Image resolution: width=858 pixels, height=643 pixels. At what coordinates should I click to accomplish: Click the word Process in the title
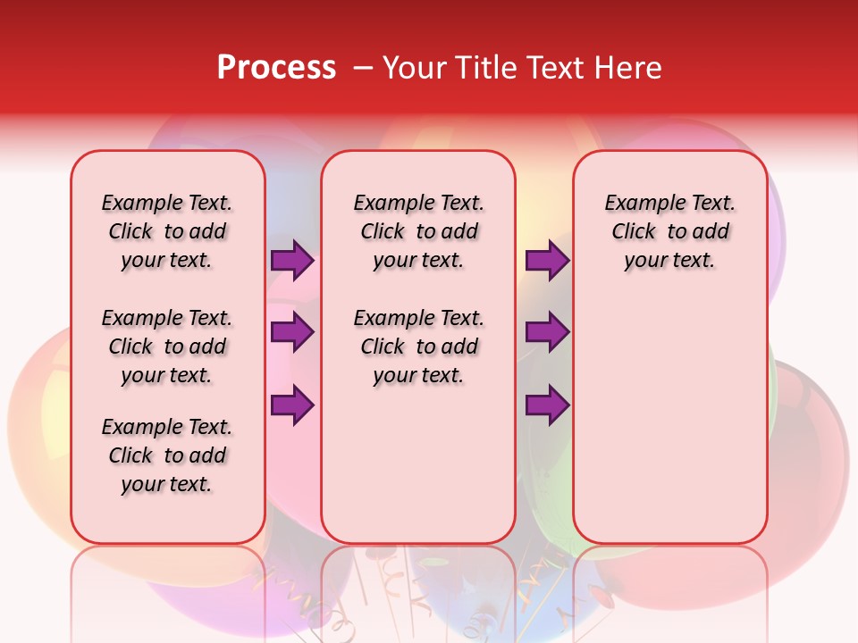[x=276, y=68]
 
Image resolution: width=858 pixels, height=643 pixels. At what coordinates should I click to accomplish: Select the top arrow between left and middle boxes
[x=292, y=261]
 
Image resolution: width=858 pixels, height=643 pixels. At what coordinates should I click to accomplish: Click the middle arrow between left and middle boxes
[x=292, y=332]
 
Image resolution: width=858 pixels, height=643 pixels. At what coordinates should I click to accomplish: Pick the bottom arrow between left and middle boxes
[x=292, y=405]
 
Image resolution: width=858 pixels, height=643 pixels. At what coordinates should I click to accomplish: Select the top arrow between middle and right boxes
[x=547, y=261]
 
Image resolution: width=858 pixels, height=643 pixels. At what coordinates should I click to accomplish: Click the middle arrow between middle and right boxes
[x=547, y=332]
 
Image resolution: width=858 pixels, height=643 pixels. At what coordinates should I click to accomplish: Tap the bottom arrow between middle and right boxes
[x=547, y=405]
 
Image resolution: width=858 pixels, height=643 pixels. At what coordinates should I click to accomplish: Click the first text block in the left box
[x=167, y=231]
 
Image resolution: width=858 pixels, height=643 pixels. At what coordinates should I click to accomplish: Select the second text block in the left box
[x=167, y=347]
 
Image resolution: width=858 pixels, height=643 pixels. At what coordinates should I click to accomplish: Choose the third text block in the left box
[x=167, y=455]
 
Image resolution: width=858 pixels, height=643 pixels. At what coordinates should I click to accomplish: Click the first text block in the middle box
[x=418, y=231]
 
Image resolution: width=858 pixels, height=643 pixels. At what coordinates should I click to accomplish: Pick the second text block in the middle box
[x=418, y=347]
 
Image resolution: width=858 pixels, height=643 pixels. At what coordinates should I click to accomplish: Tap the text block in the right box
[x=670, y=231]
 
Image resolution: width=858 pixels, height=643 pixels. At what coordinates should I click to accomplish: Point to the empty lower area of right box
[x=670, y=411]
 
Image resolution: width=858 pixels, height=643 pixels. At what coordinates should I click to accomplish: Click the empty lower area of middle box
[x=418, y=464]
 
